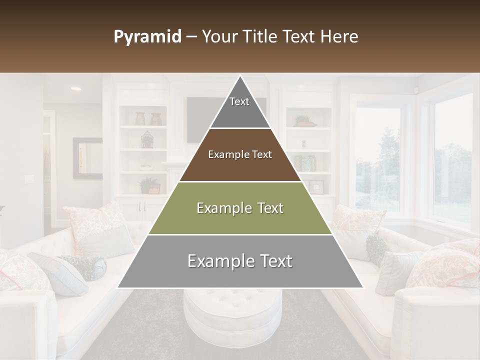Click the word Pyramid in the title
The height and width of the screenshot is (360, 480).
[147, 37]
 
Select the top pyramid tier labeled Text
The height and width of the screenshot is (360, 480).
[239, 105]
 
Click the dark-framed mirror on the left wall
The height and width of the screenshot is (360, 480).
[87, 158]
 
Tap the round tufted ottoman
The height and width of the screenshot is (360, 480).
[232, 315]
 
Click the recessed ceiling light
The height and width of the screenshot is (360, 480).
[76, 88]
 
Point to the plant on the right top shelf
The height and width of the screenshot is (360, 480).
[303, 120]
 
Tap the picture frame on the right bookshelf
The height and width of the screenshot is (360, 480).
[316, 186]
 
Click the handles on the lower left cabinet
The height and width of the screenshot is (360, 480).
[143, 206]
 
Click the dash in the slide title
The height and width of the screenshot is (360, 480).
[191, 37]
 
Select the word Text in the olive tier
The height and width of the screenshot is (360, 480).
[267, 208]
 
